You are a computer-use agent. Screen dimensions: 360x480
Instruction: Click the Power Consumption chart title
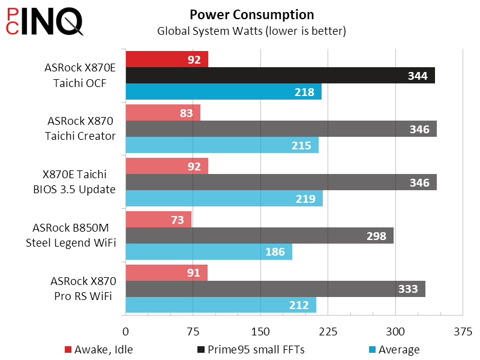tap(251, 14)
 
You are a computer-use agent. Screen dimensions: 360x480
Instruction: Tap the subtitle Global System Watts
tap(251, 30)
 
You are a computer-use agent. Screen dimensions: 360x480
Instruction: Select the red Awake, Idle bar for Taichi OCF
tap(167, 59)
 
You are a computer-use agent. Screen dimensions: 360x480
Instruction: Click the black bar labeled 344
tap(280, 76)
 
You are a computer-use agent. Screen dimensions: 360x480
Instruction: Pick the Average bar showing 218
tap(223, 92)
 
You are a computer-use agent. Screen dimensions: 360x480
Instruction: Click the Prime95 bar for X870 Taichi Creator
tap(281, 129)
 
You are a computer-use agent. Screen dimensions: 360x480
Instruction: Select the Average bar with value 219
tap(224, 199)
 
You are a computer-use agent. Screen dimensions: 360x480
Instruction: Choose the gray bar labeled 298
tap(259, 236)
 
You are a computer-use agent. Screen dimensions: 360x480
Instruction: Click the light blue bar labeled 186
tap(209, 252)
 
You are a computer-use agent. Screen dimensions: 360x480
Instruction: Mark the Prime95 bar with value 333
tap(275, 289)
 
